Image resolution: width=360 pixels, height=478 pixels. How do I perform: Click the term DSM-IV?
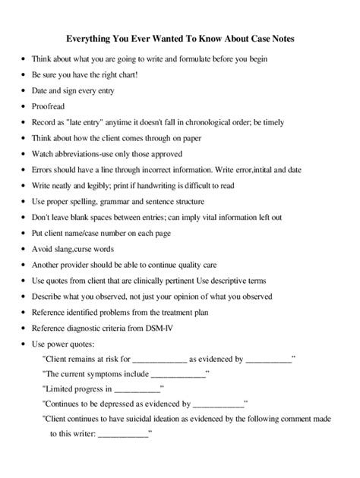tap(183, 328)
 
